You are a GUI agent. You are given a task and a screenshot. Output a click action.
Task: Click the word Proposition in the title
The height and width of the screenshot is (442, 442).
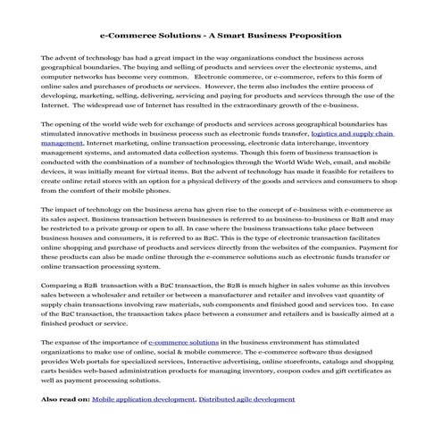point(312,36)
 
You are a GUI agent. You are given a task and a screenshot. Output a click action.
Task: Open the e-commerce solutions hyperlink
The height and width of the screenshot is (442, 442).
point(184,342)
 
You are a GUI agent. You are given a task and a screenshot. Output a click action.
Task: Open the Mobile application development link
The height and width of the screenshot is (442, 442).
point(143,401)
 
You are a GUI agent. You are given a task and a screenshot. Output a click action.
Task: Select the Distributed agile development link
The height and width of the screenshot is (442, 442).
point(251,401)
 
